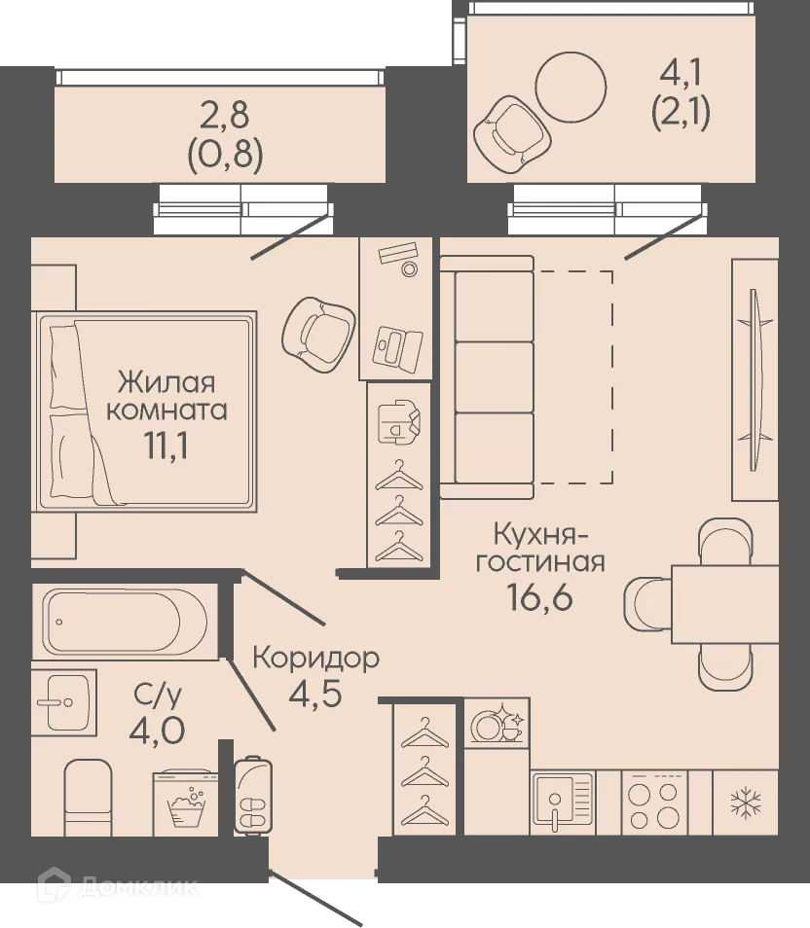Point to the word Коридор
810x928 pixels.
[x=315, y=659]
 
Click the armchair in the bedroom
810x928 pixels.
[x=316, y=333]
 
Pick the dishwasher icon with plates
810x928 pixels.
[x=497, y=724]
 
